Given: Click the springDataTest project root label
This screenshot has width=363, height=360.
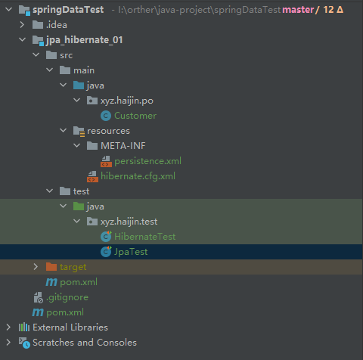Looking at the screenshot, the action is click(68, 10).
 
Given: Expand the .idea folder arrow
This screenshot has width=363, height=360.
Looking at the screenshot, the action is click(22, 25).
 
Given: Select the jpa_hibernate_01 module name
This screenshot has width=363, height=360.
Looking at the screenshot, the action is click(85, 40).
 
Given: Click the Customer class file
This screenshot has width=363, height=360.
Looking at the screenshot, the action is click(135, 116).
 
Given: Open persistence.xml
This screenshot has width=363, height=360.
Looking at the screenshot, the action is click(147, 161).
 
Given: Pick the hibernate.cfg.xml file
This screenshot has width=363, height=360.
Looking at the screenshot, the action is click(138, 176).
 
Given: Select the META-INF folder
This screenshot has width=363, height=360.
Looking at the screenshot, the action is click(123, 146).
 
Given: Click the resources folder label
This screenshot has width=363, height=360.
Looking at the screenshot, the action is click(108, 131).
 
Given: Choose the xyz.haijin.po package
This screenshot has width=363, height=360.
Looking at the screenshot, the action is click(127, 101).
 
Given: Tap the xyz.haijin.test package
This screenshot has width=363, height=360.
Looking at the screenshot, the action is click(129, 222).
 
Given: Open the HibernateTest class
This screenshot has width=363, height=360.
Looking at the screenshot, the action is click(145, 237).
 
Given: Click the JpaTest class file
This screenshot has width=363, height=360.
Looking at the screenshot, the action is click(131, 252).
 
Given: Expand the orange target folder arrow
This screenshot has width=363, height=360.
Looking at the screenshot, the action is click(36, 267).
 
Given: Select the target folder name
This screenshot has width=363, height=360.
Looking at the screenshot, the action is click(73, 267).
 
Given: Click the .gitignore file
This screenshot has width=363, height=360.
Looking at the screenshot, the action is click(67, 297).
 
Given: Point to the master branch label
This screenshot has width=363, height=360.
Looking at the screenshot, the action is click(298, 10).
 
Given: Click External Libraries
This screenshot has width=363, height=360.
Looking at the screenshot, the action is click(70, 327).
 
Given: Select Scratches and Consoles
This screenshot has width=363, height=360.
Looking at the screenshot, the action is click(85, 343).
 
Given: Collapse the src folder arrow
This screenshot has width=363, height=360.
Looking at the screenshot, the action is click(36, 54).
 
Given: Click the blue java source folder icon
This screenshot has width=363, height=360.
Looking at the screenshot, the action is click(79, 85).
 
